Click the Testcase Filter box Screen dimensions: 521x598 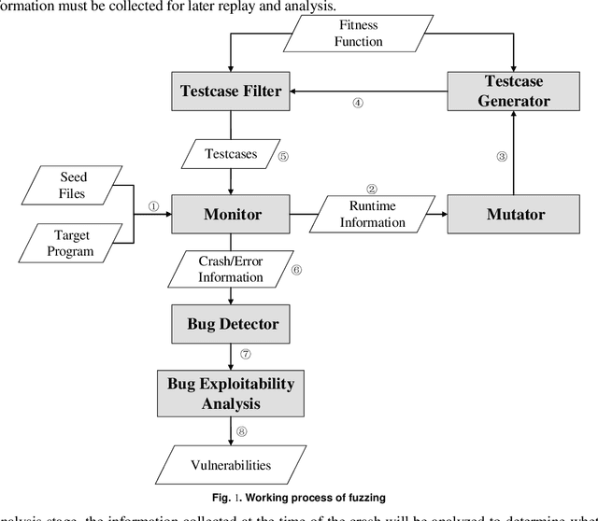[x=232, y=92]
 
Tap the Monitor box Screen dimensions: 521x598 [x=232, y=215]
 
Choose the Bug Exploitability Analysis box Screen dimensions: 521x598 [x=231, y=393]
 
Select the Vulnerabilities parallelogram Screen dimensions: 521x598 [x=231, y=464]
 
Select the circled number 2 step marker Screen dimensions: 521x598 [x=371, y=189]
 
